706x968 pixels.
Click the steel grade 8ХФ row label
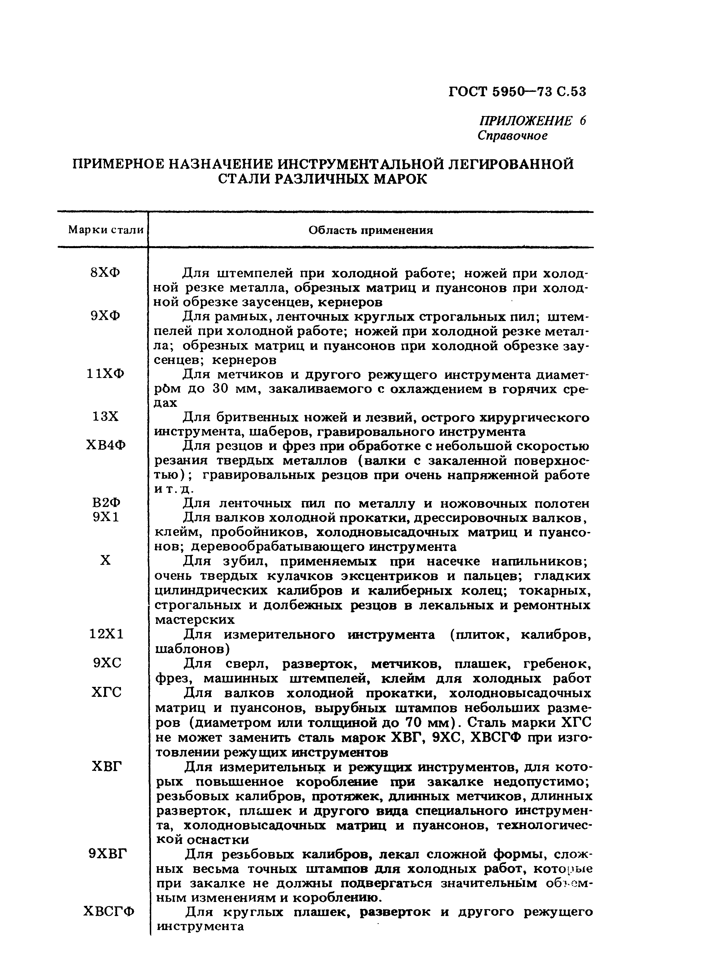(x=106, y=272)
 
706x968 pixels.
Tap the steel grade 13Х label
(x=106, y=417)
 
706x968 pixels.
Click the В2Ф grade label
(x=106, y=503)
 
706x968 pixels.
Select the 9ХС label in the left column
(x=107, y=663)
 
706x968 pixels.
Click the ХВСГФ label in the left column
(x=109, y=911)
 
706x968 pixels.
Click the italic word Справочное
(x=512, y=136)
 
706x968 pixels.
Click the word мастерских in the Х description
(x=194, y=619)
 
